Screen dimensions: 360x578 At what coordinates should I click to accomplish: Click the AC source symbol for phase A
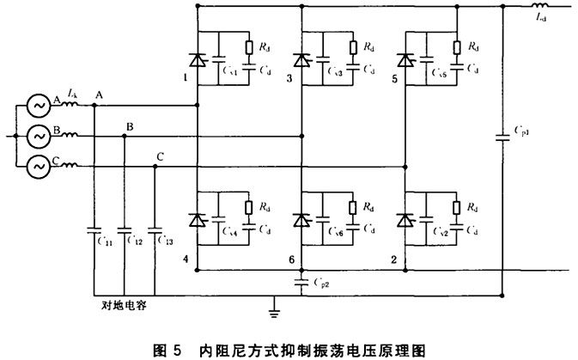click(39, 107)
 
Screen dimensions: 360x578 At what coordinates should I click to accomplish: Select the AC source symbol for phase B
click(39, 136)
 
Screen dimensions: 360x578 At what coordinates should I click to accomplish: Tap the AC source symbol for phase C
click(39, 165)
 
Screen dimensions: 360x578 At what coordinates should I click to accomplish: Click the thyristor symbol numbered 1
click(198, 59)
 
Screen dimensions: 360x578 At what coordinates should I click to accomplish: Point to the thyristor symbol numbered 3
click(301, 59)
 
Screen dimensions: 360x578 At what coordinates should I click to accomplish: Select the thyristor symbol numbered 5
click(405, 59)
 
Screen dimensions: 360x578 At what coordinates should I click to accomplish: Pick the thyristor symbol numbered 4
click(198, 219)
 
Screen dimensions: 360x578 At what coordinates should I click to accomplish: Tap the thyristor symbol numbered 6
click(301, 219)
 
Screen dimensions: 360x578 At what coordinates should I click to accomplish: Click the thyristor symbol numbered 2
click(405, 219)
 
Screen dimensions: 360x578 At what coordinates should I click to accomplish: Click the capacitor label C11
click(106, 243)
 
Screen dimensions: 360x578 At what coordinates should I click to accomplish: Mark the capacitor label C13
click(166, 243)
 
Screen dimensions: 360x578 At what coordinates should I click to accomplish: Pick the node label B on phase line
click(130, 127)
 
